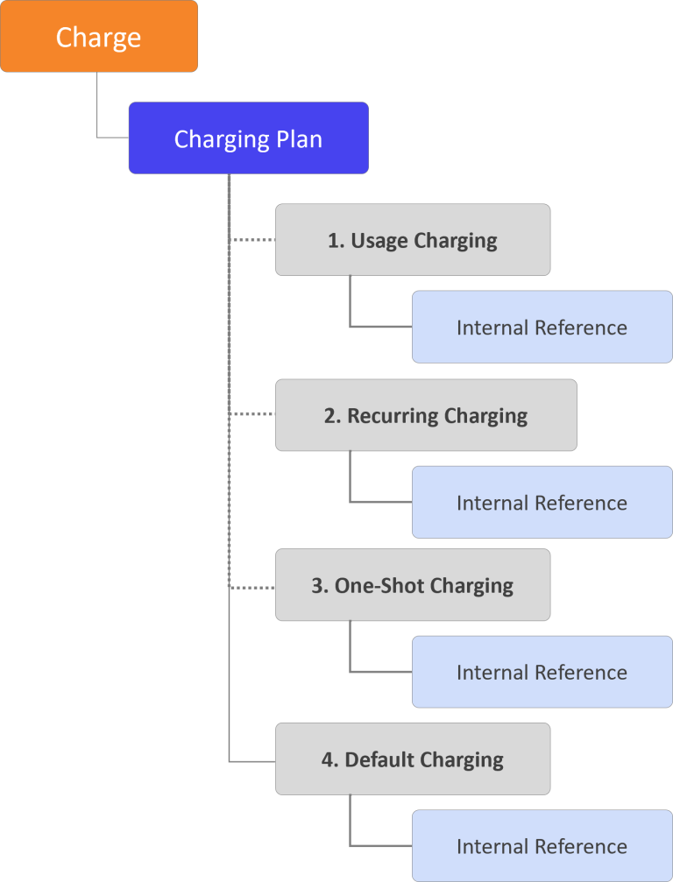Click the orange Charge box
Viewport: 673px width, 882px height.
98,37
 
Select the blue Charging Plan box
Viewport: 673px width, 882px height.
248,138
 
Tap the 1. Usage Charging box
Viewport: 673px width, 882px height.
413,240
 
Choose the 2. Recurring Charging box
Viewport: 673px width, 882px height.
426,415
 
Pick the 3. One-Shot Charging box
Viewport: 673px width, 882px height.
413,585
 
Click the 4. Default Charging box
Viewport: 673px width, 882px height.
413,759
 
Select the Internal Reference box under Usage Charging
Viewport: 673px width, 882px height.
542,328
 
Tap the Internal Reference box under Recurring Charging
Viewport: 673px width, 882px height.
542,503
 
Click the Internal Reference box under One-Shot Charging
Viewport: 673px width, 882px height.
542,673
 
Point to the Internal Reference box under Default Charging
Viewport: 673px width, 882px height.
542,846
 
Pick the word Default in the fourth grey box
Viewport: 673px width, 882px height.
380,759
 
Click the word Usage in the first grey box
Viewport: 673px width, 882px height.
379,240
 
